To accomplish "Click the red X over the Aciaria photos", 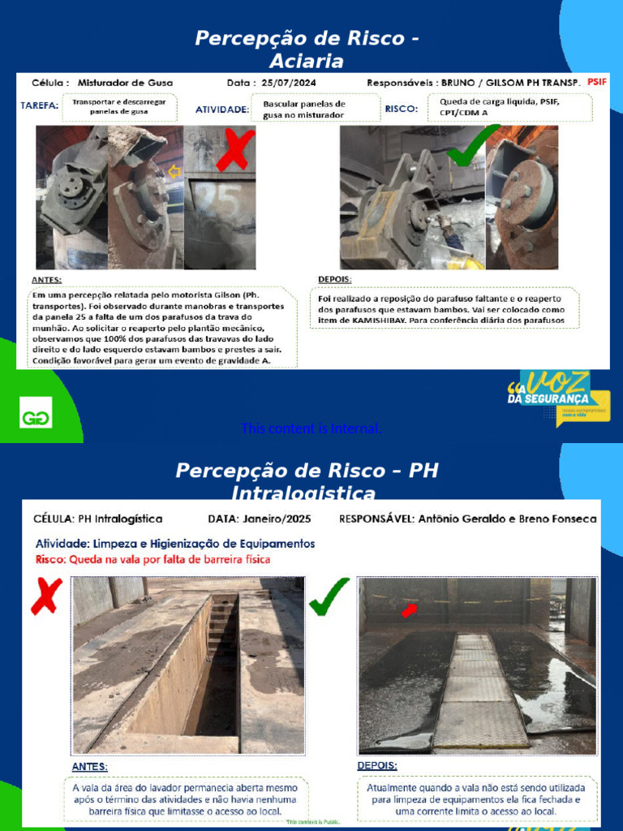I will point(236,152).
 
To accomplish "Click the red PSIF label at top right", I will point(596,82).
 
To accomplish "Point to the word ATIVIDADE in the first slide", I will point(221,109).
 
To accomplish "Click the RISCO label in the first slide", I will point(401,108).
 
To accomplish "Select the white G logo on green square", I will point(35,412).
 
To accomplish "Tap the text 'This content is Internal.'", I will point(311,428).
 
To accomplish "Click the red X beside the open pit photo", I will point(46,596).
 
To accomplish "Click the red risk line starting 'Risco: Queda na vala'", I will point(153,558).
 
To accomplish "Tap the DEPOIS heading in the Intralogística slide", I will point(377,765).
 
